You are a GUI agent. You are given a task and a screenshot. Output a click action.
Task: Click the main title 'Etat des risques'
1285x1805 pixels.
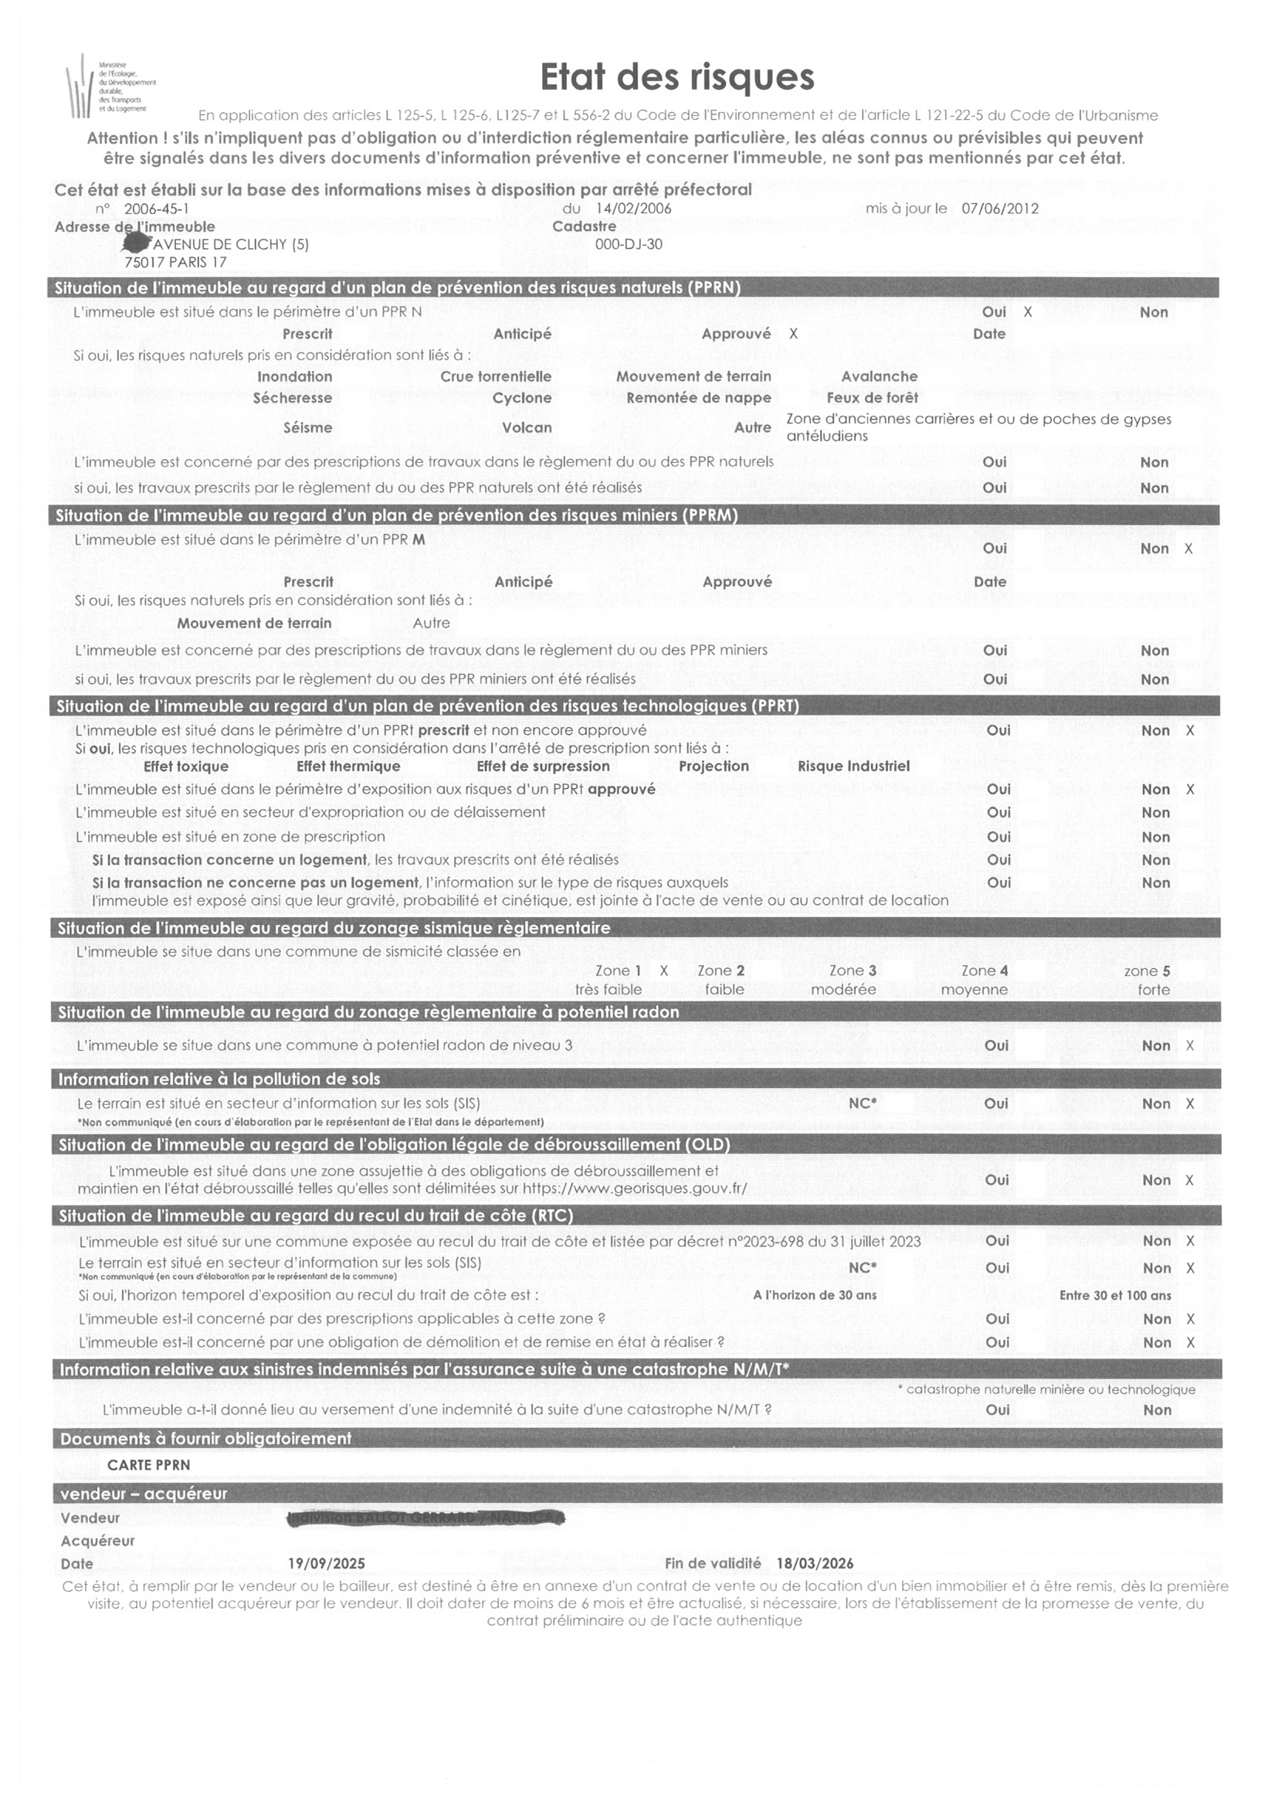coord(676,77)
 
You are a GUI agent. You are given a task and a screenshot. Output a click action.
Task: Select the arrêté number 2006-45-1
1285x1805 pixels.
coord(156,209)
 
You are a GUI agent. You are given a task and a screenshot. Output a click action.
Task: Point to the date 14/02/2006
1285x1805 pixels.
coord(633,208)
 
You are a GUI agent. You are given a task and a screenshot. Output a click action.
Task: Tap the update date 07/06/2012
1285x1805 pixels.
coord(1000,208)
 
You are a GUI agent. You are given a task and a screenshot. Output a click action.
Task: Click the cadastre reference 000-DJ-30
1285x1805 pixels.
coord(629,244)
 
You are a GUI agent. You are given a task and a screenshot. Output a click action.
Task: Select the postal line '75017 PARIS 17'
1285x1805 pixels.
coord(175,262)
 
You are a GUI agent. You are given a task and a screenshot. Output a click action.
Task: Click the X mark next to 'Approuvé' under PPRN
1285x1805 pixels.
coord(794,334)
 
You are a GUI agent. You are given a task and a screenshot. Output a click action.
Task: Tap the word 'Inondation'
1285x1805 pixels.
coord(294,377)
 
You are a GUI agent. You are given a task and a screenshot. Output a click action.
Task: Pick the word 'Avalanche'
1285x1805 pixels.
coord(879,377)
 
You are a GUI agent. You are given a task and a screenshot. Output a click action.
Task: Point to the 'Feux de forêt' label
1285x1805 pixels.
coord(872,397)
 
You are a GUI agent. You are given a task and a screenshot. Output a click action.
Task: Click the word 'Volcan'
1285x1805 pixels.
coord(526,427)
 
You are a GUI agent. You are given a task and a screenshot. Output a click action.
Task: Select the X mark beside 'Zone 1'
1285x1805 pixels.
coord(664,970)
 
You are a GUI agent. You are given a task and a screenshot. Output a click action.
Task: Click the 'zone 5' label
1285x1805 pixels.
coord(1147,970)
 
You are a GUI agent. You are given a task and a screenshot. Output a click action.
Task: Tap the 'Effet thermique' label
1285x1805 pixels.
coord(348,767)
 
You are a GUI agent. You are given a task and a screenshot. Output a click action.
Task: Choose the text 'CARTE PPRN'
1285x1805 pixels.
coord(149,1464)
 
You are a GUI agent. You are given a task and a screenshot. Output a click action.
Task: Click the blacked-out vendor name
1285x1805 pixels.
coord(426,1518)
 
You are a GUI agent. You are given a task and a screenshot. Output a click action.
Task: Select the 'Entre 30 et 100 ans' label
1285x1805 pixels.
coord(1115,1295)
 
